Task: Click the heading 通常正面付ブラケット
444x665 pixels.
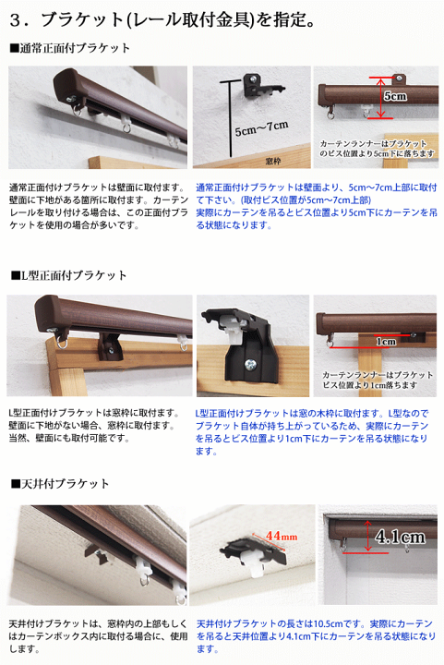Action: coord(74,48)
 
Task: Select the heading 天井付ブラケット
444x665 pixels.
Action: coord(64,483)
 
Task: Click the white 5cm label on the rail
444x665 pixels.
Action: coord(395,96)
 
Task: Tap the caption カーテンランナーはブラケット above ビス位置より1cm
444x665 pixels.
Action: coord(378,374)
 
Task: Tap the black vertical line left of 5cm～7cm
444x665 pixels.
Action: coord(227,120)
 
